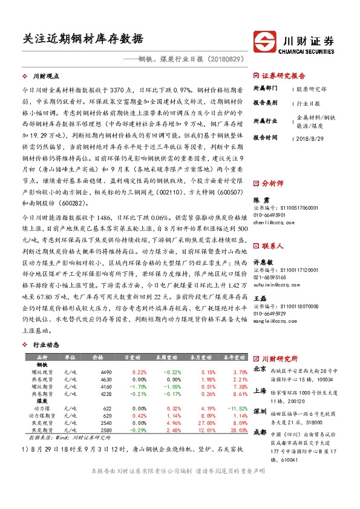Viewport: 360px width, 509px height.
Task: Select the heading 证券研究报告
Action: [284, 76]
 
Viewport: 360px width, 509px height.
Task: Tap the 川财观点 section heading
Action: [46, 76]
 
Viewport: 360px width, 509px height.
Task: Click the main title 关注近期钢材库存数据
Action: [79, 39]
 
